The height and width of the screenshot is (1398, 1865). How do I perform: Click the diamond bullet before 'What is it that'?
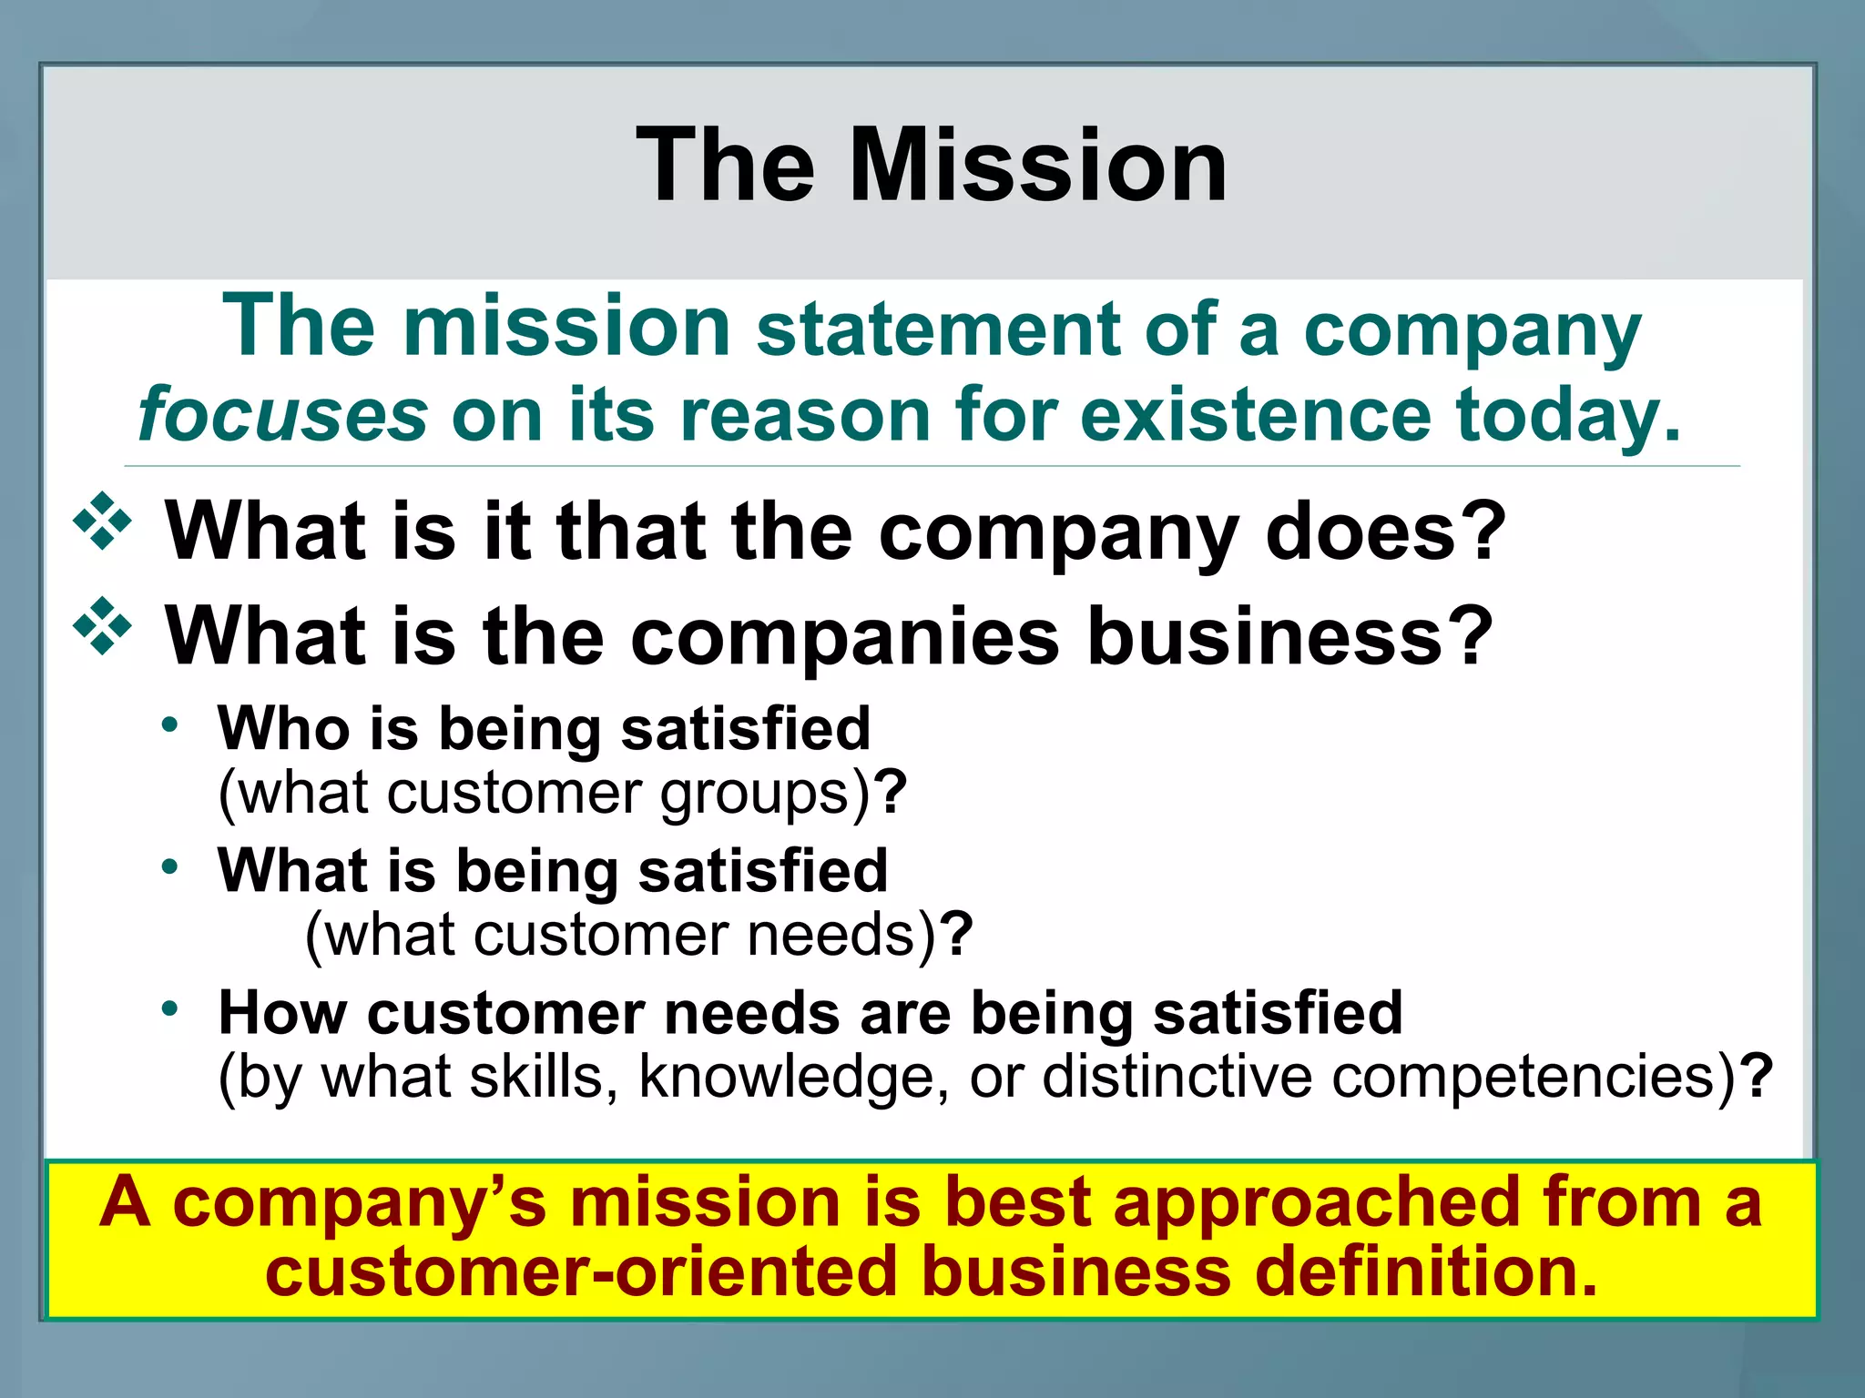coord(103,522)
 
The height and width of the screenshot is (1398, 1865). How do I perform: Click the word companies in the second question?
coord(844,636)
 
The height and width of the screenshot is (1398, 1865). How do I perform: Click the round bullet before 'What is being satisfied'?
coord(169,866)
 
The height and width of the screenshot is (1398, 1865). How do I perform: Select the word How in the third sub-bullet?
coord(281,1012)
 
